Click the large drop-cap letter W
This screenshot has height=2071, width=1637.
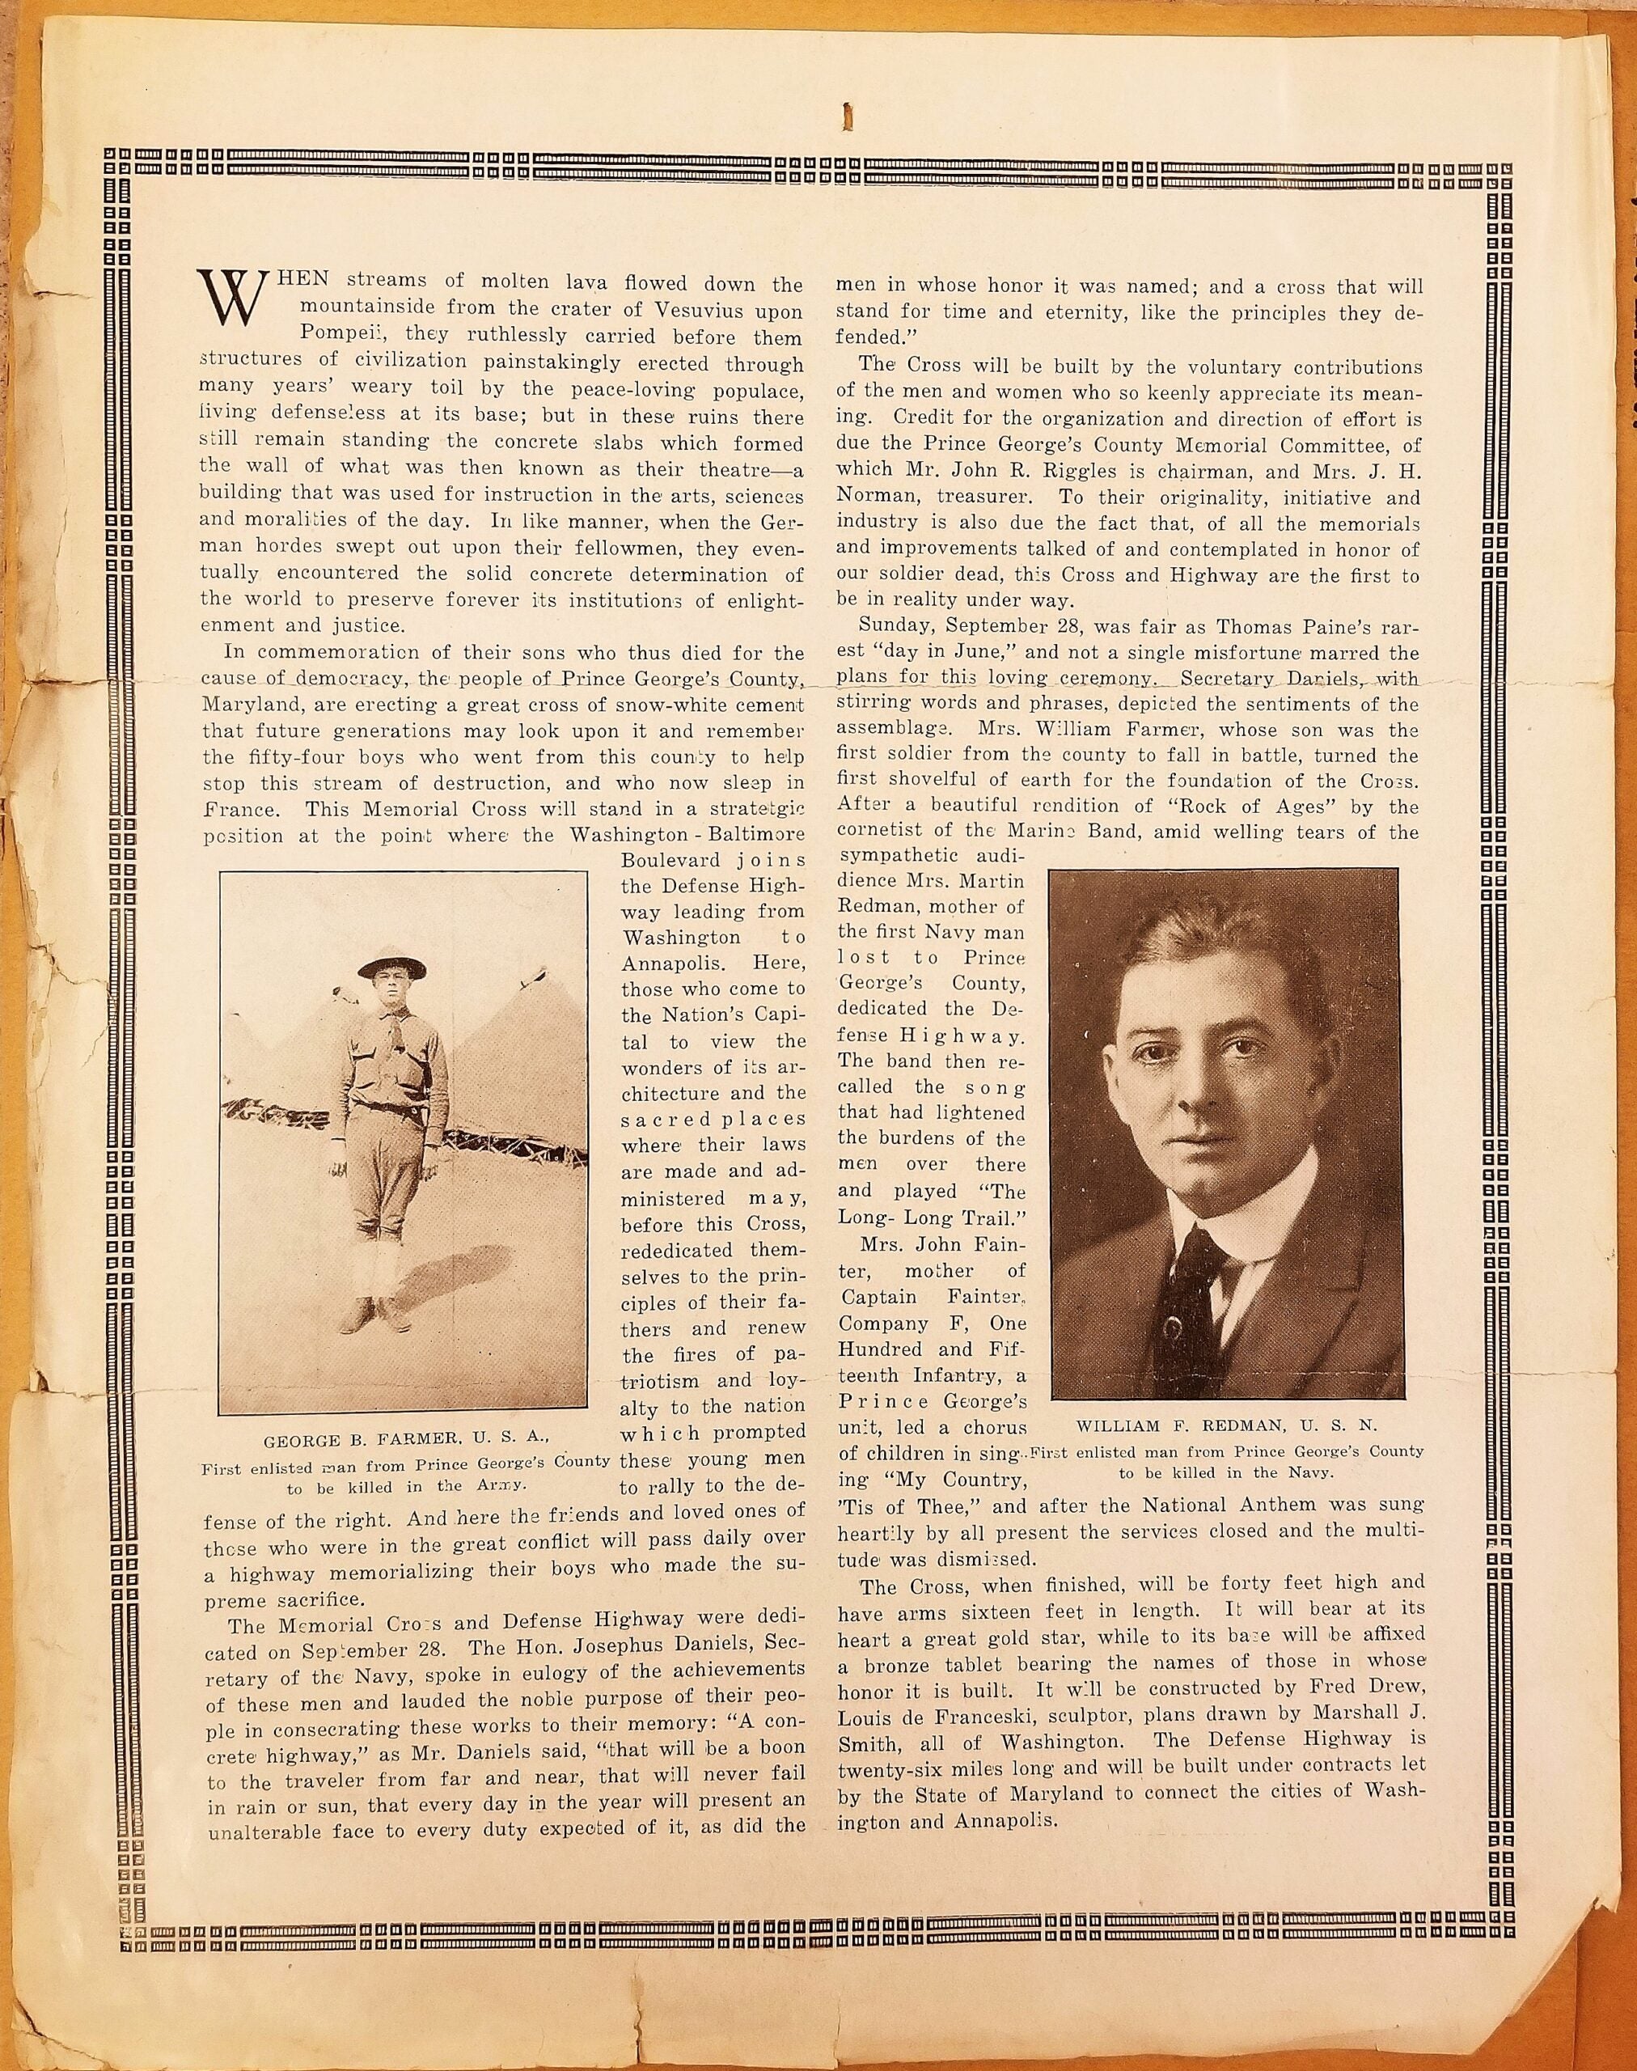pyautogui.click(x=226, y=296)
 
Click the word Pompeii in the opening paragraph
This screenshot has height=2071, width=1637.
pyautogui.click(x=332, y=337)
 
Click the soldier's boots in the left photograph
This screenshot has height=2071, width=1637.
pyautogui.click(x=367, y=1315)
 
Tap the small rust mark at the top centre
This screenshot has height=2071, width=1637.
pyautogui.click(x=845, y=117)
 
